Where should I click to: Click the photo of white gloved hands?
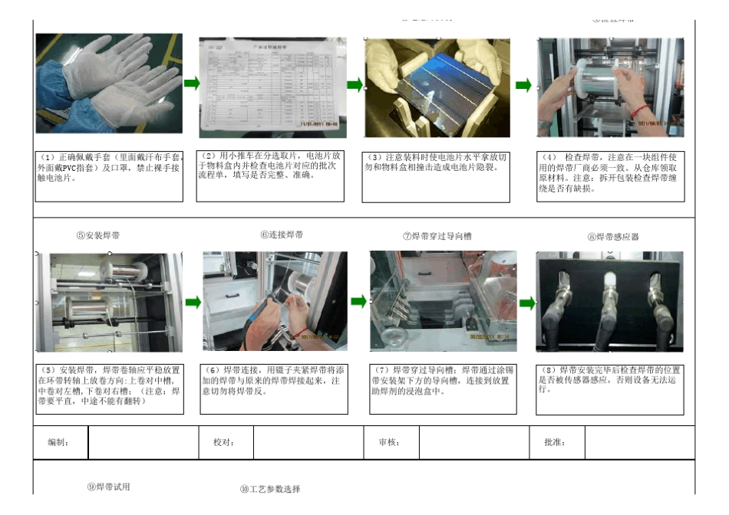(108, 83)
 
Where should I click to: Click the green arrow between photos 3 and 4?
(523, 85)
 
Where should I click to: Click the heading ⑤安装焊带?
(103, 235)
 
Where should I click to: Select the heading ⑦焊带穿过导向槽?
(437, 236)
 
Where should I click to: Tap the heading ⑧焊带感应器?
(613, 237)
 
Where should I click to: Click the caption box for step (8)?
(609, 389)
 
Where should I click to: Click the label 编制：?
(59, 443)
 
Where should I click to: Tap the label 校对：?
(223, 443)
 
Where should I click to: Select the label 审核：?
(388, 443)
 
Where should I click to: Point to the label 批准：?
(554, 443)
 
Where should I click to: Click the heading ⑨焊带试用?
(108, 487)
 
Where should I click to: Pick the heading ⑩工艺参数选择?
(270, 489)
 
